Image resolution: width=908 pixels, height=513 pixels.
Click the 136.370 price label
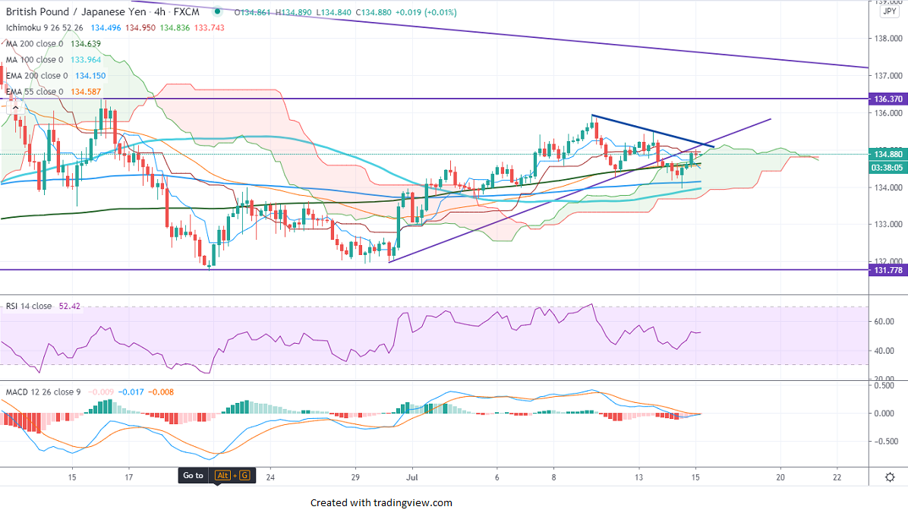pos(888,99)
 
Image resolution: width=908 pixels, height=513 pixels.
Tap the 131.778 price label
pos(888,270)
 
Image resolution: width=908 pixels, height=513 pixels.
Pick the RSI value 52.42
pos(69,306)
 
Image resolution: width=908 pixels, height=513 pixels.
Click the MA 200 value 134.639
pos(86,44)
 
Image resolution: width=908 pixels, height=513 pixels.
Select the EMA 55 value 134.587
pos(85,92)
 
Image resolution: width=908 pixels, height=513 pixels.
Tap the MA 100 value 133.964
pos(86,60)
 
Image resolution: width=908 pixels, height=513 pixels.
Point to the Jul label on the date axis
pos(411,477)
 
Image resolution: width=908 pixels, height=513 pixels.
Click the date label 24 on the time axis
pos(270,477)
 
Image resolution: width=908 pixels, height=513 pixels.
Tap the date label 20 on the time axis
pos(780,477)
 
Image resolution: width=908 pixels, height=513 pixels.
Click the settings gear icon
pos(890,477)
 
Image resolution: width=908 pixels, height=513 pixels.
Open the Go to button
pos(193,476)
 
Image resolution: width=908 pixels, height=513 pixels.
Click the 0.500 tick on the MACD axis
pos(883,386)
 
